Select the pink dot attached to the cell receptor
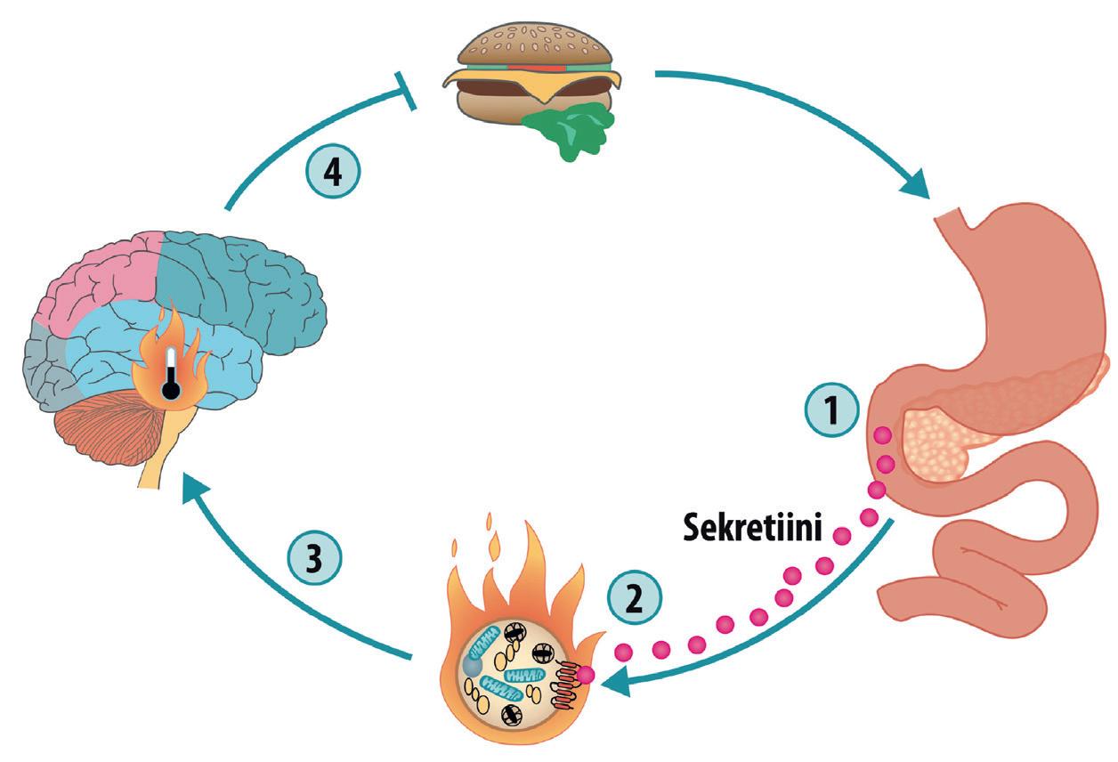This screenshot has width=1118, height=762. [x=585, y=677]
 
